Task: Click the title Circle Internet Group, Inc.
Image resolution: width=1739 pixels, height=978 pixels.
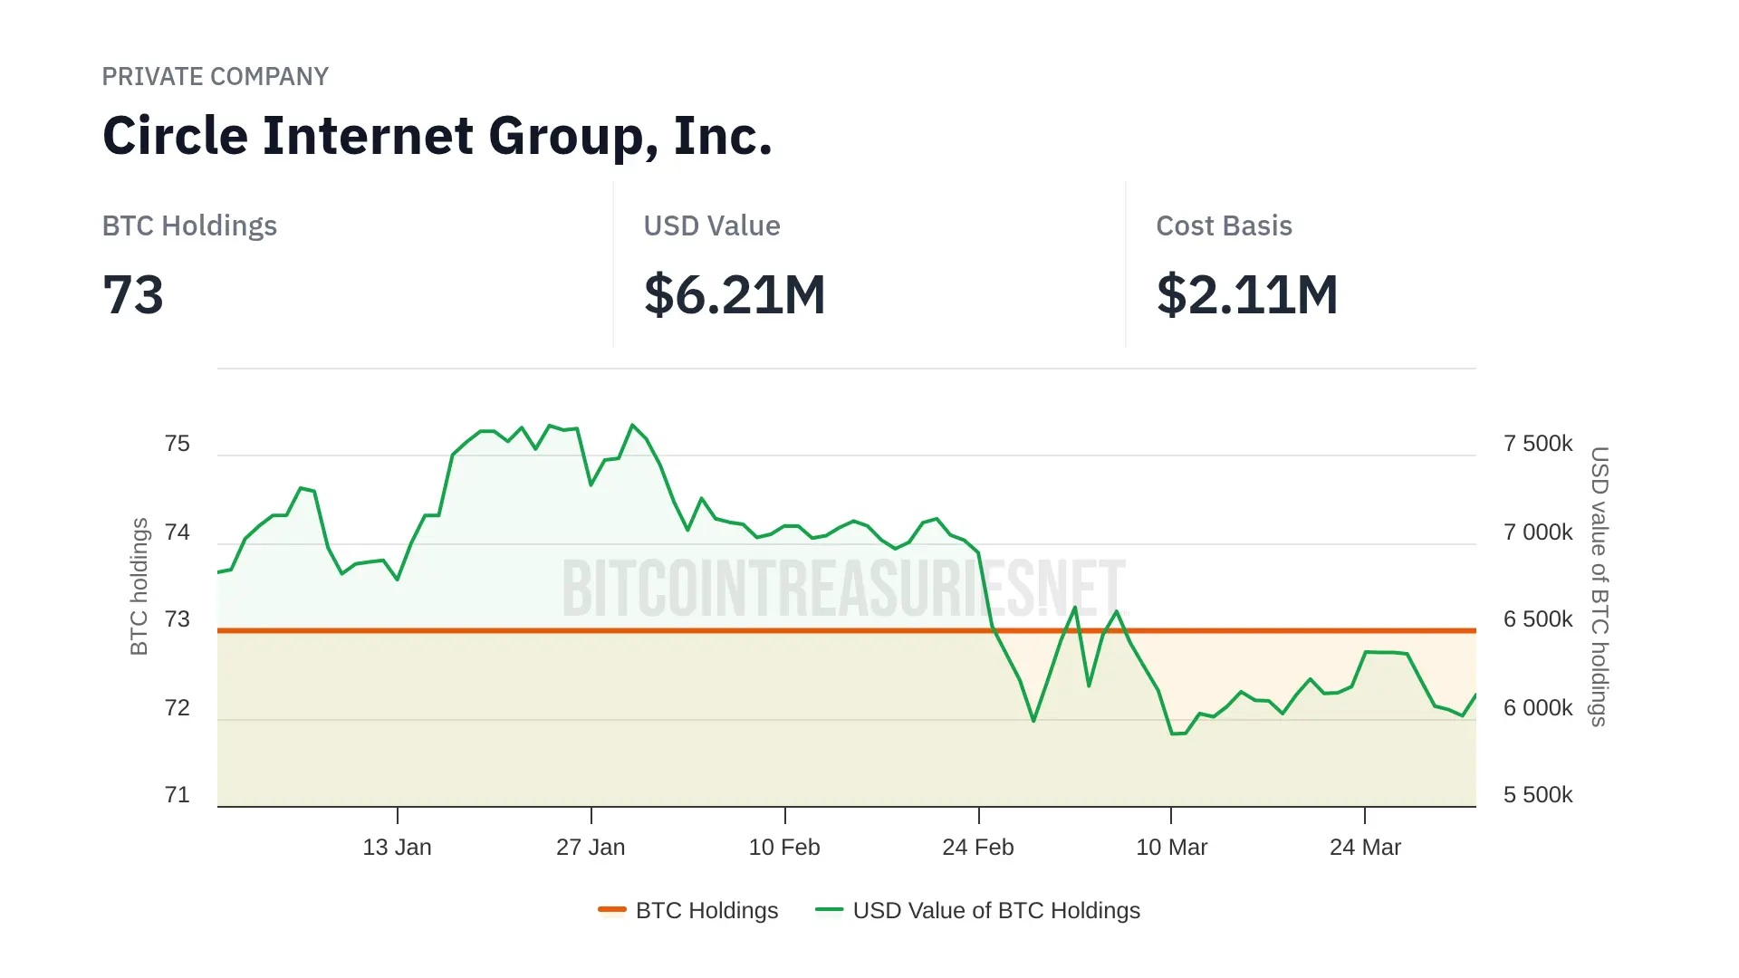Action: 437,136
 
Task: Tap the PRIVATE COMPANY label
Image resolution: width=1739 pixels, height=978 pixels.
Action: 215,77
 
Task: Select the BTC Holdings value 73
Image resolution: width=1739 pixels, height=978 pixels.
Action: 133,295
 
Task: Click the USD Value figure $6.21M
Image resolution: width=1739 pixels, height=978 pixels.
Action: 735,295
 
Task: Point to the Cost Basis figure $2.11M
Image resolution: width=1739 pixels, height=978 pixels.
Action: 1247,295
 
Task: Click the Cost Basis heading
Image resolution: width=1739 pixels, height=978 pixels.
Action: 1224,225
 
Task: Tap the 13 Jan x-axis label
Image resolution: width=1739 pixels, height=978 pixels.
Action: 397,848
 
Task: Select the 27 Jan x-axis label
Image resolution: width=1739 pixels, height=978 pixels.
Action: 591,848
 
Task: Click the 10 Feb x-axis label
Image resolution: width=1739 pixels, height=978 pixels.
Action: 784,848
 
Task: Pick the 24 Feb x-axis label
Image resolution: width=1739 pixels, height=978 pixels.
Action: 978,848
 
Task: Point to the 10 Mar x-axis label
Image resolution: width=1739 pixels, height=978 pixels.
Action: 1171,848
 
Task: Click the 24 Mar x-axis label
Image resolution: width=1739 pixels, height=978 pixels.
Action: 1365,848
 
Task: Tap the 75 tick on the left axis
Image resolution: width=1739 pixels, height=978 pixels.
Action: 178,444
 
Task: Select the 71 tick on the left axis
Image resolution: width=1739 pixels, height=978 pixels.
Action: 178,795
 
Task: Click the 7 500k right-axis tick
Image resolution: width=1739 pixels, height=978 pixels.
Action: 1538,444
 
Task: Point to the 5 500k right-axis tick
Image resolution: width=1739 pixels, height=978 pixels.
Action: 1538,795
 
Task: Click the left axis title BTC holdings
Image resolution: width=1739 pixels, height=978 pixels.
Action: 139,586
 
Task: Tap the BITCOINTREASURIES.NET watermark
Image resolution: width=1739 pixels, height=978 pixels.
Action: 842,589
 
